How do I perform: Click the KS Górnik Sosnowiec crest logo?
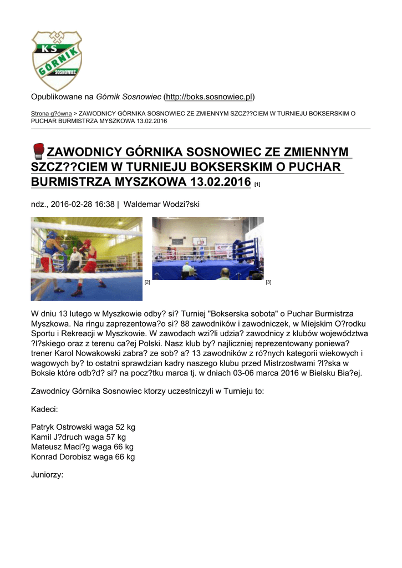click(x=57, y=60)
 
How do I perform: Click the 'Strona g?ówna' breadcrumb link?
click(x=51, y=113)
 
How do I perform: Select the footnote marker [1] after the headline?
click(x=257, y=184)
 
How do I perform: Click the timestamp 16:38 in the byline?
click(x=104, y=205)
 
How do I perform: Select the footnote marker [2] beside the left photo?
click(x=147, y=283)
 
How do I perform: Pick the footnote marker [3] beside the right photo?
click(x=268, y=283)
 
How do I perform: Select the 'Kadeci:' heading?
click(x=44, y=409)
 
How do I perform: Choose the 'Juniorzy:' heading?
click(x=47, y=475)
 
